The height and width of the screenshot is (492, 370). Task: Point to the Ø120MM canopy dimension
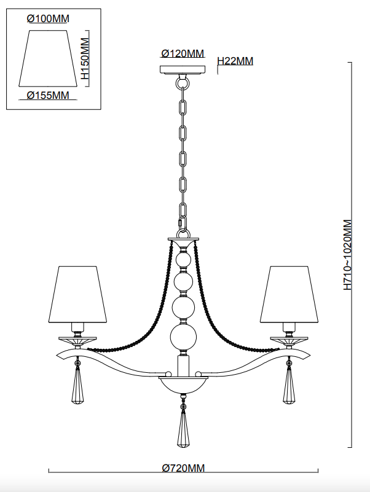tap(183, 53)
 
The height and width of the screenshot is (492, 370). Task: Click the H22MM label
tap(235, 61)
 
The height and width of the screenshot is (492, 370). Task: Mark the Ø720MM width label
tap(184, 468)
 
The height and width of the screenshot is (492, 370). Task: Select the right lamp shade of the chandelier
tap(288, 294)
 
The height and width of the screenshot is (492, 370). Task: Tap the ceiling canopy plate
tap(182, 69)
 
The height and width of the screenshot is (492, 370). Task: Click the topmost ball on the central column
tap(182, 261)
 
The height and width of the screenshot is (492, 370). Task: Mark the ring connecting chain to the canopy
tap(182, 80)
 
